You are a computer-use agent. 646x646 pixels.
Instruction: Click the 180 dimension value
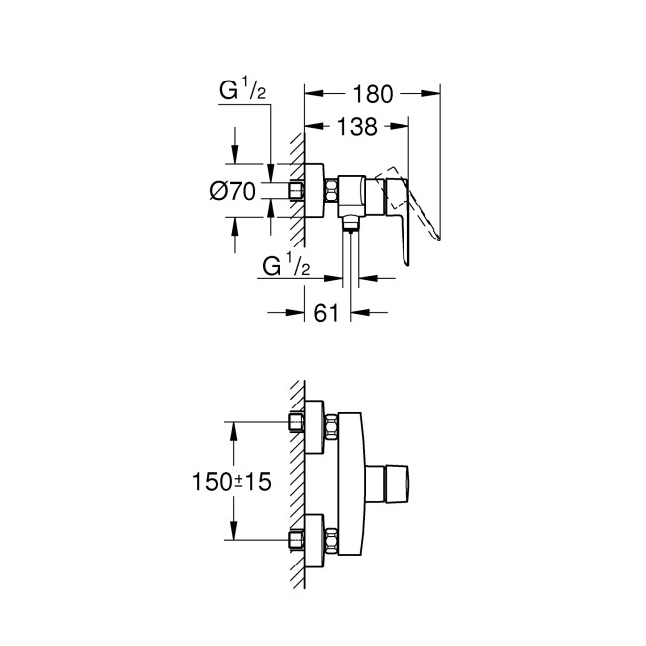click(x=372, y=94)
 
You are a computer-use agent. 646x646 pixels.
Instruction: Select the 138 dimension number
click(x=356, y=126)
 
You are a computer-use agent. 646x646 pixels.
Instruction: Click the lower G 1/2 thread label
click(x=286, y=266)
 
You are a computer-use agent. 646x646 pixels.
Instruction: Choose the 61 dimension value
click(x=327, y=313)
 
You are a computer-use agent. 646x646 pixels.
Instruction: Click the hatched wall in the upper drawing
click(x=297, y=189)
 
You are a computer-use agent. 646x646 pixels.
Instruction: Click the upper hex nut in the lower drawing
click(x=295, y=422)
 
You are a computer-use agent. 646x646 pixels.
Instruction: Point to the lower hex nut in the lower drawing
click(x=295, y=540)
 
